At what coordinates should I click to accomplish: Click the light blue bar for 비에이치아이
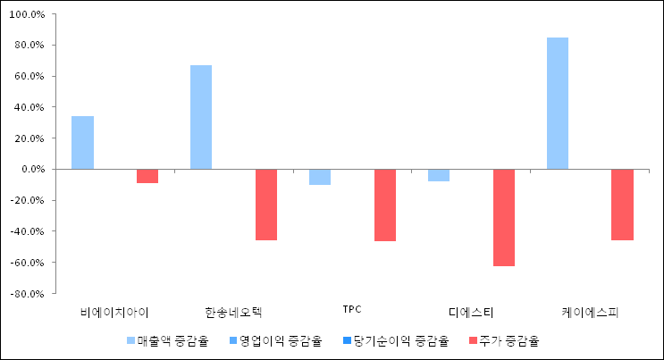[82, 143]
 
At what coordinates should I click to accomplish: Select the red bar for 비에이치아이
[147, 176]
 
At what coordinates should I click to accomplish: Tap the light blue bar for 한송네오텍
[201, 117]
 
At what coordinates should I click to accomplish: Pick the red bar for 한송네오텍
[266, 205]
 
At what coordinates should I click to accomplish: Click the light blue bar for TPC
[320, 177]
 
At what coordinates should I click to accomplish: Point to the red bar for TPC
[385, 205]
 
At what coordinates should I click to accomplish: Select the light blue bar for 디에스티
[439, 175]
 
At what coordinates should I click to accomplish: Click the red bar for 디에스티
[504, 217]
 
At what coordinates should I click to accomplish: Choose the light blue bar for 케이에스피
[558, 104]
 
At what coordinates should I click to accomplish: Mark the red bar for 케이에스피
[622, 205]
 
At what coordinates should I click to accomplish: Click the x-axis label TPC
[352, 310]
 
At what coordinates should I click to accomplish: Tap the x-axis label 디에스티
[471, 312]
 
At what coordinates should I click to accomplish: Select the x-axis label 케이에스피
[590, 312]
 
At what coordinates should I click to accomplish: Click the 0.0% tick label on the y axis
[30, 169]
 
